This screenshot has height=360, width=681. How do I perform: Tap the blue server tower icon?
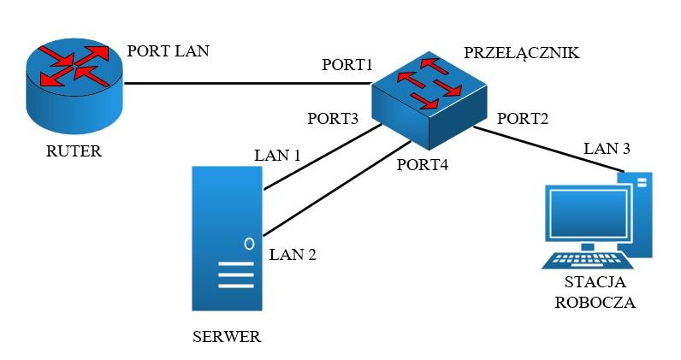point(228,239)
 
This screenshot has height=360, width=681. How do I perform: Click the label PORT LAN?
point(168,51)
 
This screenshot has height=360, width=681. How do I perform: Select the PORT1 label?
point(348,66)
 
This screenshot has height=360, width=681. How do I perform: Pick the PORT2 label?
point(522,118)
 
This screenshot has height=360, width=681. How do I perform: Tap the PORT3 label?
point(332,119)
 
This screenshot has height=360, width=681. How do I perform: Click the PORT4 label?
point(423,164)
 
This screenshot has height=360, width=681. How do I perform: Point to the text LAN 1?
point(278,156)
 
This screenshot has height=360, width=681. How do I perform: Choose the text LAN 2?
point(293,254)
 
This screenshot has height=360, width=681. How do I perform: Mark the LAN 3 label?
point(607,149)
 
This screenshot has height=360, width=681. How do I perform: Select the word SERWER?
point(227,336)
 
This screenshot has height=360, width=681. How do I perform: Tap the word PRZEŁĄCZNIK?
point(522,53)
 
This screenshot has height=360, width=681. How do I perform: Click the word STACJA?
point(595,282)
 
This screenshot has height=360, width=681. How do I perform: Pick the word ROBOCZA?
point(595,303)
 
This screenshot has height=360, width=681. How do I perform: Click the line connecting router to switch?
point(248,84)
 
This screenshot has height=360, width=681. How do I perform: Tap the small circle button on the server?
point(249,243)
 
